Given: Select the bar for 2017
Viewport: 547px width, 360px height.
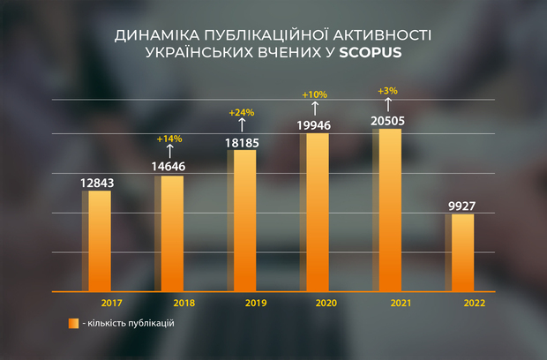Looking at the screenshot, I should (x=100, y=241).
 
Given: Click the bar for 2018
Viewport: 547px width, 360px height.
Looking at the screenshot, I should (x=172, y=234).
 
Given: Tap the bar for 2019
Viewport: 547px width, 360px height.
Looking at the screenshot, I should (x=244, y=221).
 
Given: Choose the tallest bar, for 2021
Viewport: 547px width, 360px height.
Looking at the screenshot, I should (x=389, y=210).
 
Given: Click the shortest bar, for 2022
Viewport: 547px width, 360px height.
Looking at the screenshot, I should (x=462, y=252).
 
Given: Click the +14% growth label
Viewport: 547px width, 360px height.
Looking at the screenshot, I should (x=169, y=139).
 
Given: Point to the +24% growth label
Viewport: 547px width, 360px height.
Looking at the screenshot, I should (x=241, y=113).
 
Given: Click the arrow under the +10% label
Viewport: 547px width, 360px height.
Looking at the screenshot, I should (x=315, y=107).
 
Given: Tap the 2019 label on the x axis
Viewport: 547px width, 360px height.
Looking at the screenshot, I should (x=257, y=303).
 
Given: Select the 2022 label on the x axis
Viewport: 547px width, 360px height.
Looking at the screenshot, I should (x=475, y=303).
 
